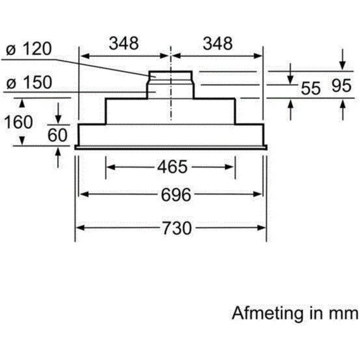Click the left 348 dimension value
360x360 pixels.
(x=124, y=43)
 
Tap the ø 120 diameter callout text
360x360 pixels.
(x=29, y=49)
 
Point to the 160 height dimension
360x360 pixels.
(x=18, y=122)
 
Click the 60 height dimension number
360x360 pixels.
(x=57, y=135)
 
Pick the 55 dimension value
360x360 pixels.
(x=311, y=88)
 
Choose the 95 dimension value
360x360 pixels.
(x=342, y=86)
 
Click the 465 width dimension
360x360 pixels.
(x=172, y=167)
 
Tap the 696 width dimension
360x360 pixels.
(x=176, y=194)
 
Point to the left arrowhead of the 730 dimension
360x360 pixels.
(x=80, y=228)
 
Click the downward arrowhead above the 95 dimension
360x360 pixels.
(x=342, y=66)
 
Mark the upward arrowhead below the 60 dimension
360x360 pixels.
(x=58, y=152)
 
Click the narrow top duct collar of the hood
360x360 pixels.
(x=170, y=76)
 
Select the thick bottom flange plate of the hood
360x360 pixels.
(x=171, y=147)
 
